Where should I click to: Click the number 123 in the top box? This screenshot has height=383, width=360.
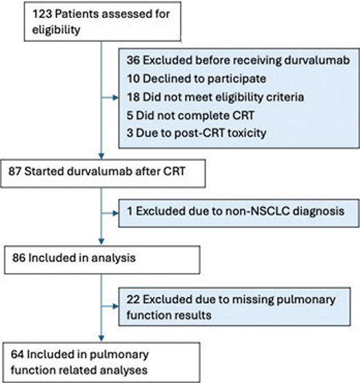tap(42, 14)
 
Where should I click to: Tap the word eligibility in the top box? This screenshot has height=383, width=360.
tap(56, 30)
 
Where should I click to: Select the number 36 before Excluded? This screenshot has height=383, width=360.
tap(133, 60)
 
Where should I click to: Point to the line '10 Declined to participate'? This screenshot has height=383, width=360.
tap(197, 79)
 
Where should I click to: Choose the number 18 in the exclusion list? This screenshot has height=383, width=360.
tap(133, 97)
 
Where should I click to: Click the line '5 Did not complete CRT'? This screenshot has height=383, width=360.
tap(190, 115)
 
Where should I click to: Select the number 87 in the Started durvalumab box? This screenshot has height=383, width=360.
tap(15, 171)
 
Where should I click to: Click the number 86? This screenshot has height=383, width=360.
tap(19, 258)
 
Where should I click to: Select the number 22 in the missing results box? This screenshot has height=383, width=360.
tap(133, 299)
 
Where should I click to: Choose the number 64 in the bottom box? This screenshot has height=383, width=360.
tap(17, 355)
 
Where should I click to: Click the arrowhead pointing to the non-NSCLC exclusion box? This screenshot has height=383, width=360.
tap(115, 213)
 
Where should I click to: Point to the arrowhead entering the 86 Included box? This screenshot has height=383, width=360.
tap(101, 242)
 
